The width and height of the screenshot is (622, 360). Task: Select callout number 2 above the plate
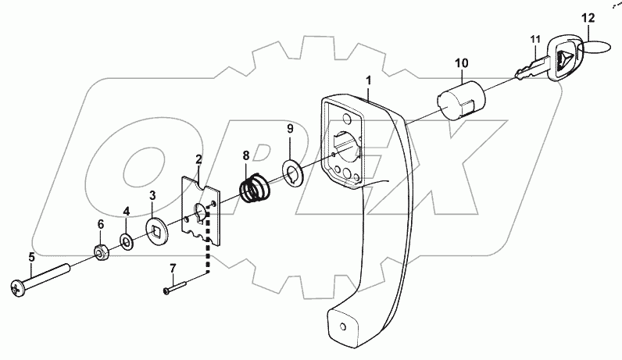199,159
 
